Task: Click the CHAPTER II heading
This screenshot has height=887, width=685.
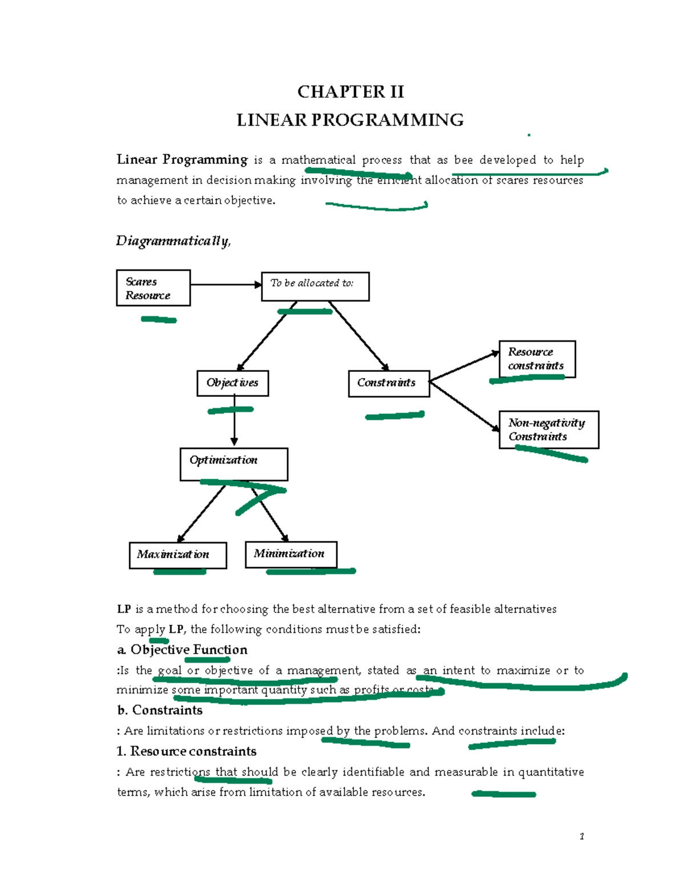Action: (350, 92)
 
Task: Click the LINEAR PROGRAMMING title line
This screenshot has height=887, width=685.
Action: (350, 120)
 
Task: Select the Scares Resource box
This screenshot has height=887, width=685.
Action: (153, 288)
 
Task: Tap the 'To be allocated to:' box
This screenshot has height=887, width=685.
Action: (315, 286)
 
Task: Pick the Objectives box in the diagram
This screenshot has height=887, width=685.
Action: (232, 383)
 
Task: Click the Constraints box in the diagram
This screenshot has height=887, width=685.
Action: (388, 383)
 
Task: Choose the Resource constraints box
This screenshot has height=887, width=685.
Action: (537, 359)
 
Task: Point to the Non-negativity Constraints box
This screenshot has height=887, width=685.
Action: (548, 430)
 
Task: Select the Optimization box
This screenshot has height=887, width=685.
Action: (233, 464)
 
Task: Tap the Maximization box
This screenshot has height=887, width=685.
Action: (178, 555)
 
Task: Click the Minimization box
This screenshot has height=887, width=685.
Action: (291, 554)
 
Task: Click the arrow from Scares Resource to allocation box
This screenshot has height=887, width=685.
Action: (225, 284)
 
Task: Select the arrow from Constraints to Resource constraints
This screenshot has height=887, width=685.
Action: (464, 367)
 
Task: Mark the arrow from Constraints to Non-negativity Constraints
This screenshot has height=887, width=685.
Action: (464, 406)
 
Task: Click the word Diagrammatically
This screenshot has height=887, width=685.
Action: (173, 241)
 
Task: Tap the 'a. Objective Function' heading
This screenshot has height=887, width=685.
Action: (182, 650)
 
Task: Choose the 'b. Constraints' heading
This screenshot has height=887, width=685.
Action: (160, 710)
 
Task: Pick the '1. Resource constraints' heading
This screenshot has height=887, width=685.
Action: (186, 751)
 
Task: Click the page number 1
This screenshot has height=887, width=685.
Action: (582, 837)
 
